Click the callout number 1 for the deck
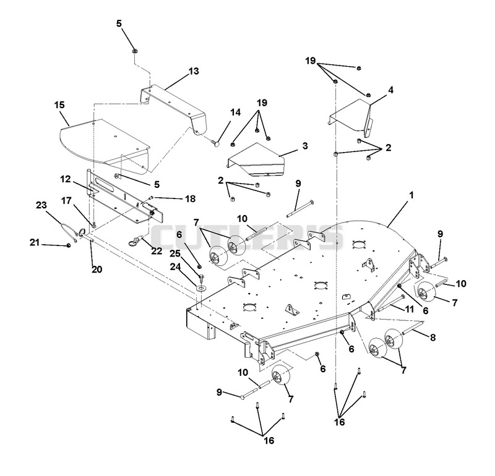click(411, 195)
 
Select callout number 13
click(194, 71)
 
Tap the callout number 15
click(59, 104)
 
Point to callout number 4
click(391, 90)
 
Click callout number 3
click(305, 146)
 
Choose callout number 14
click(235, 113)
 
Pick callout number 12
click(66, 179)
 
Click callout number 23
click(41, 205)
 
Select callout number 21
click(35, 242)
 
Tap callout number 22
click(157, 251)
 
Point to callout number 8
click(433, 337)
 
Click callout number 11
click(410, 309)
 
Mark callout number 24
click(175, 267)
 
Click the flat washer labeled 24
click(200, 287)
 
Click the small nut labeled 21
click(69, 245)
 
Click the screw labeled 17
click(94, 224)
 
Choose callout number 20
click(97, 270)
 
